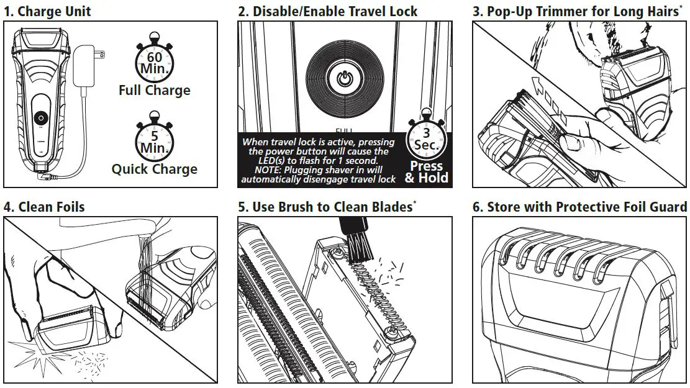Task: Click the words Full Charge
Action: click(x=154, y=91)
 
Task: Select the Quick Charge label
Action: click(x=154, y=169)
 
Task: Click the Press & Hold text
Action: click(x=426, y=173)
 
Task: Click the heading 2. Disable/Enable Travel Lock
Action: click(x=328, y=11)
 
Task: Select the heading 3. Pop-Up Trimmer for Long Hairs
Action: click(x=576, y=11)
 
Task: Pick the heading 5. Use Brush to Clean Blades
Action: click(x=325, y=207)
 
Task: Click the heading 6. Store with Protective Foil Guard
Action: click(x=579, y=207)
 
